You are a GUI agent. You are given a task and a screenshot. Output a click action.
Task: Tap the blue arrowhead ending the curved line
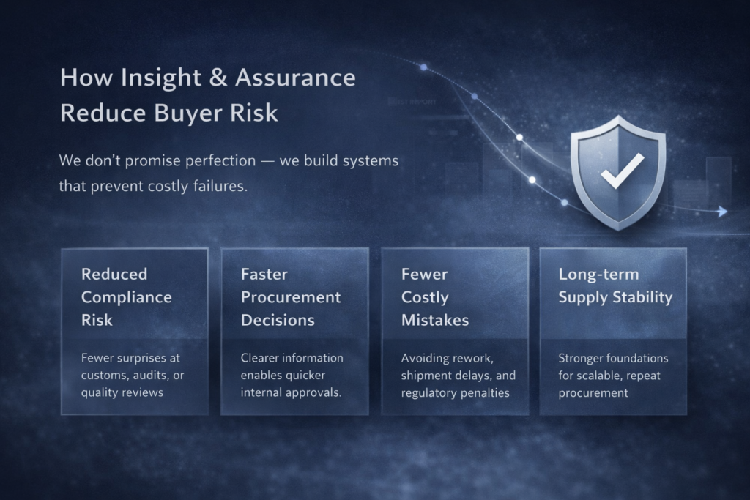(x=722, y=212)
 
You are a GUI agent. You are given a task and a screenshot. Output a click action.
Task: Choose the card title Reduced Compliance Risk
(x=127, y=297)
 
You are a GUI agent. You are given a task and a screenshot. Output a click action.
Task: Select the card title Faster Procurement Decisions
(x=291, y=297)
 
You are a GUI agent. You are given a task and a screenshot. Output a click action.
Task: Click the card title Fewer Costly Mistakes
(x=435, y=297)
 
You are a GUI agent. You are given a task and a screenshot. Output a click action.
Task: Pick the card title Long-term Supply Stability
(x=615, y=286)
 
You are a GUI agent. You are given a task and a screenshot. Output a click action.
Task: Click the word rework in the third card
(x=472, y=358)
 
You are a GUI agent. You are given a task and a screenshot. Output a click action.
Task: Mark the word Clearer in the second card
(x=261, y=358)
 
